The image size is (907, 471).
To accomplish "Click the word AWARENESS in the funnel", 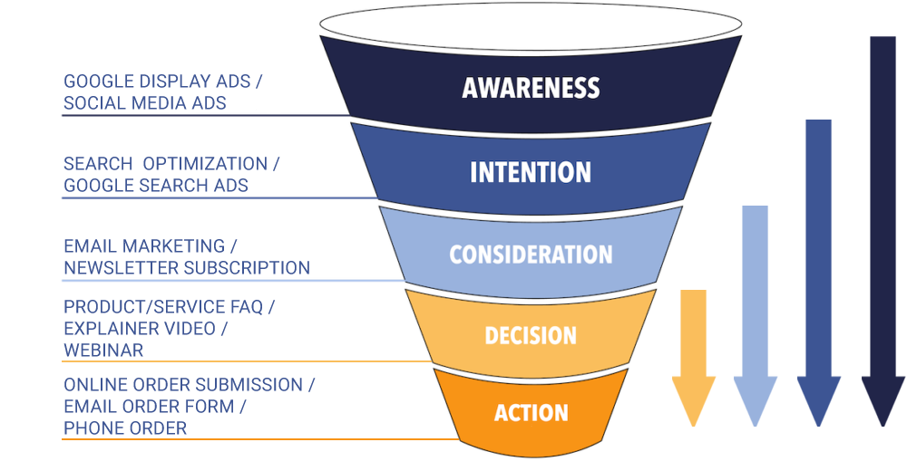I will tap(531, 88).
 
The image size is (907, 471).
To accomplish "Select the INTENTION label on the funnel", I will tap(531, 172).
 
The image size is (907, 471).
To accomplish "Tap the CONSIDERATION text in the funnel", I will tap(531, 254).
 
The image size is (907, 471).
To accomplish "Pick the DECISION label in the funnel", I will tap(531, 335).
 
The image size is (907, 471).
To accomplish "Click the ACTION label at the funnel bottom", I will tap(531, 413).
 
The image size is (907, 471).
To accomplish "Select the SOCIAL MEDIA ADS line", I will tap(144, 103).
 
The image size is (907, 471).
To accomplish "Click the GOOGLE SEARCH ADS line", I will tap(156, 186).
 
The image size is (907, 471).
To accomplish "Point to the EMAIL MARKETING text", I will tap(144, 246).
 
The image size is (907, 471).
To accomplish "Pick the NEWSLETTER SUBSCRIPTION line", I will tap(187, 268).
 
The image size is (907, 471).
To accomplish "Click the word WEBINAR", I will tap(102, 350).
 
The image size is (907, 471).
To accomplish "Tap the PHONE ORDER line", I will tap(124, 428).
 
